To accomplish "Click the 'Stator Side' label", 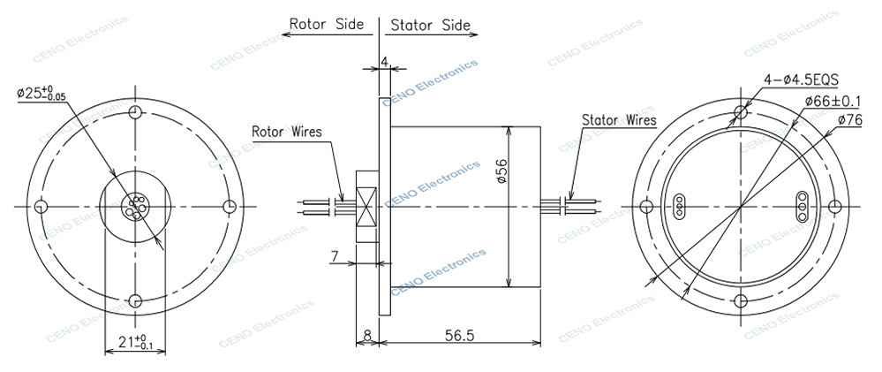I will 430,25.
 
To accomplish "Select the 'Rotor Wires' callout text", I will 287,133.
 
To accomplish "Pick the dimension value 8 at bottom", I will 366,336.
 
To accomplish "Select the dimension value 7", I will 336,256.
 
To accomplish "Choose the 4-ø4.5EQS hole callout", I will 800,80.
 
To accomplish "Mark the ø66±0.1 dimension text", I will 834,102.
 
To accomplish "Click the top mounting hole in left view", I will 134,112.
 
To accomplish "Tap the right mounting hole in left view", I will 230,207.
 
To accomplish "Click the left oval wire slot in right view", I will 679,206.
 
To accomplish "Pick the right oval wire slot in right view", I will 802,206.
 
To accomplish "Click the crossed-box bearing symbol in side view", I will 366,206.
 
